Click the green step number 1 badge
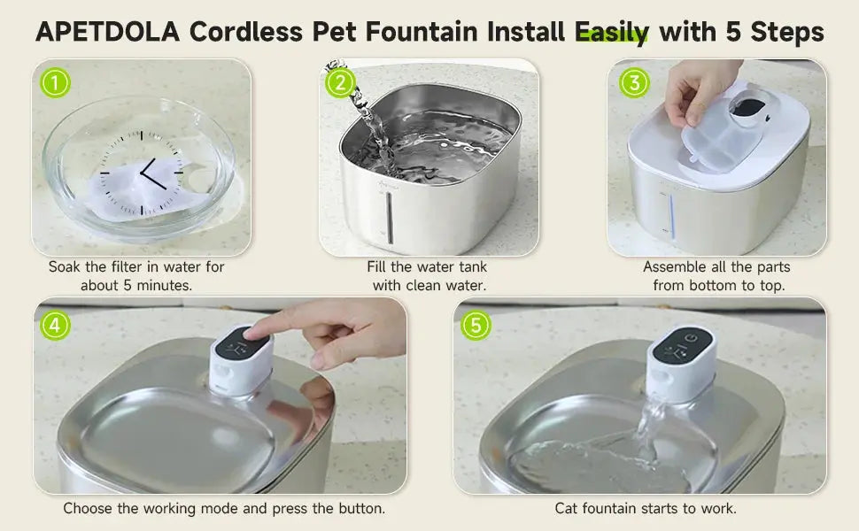click(x=56, y=83)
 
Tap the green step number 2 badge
click(x=341, y=83)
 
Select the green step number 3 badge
click(x=633, y=83)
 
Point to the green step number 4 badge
click(x=56, y=324)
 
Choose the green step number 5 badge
click(x=476, y=324)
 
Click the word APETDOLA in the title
click(x=107, y=33)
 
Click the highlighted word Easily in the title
click(x=612, y=33)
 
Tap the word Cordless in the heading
click(x=247, y=33)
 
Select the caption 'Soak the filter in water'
click(x=136, y=266)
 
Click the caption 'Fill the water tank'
click(x=427, y=266)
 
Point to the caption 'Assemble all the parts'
click(x=716, y=266)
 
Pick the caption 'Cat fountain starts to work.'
click(x=646, y=508)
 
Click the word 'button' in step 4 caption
click(x=360, y=508)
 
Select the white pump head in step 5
click(x=683, y=361)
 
